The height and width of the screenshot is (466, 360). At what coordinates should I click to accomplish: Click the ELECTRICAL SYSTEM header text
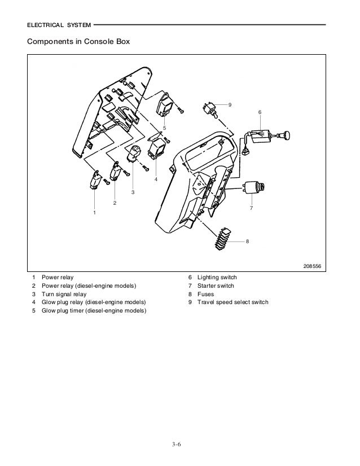[58, 25]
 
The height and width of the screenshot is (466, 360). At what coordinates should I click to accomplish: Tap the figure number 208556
[311, 265]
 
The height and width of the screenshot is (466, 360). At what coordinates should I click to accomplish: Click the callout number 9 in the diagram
[230, 104]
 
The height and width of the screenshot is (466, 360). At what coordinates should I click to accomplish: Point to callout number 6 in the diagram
[260, 112]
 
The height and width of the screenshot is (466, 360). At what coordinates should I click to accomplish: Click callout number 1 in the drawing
[95, 213]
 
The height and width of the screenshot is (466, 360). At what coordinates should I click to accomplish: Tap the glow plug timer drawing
[166, 103]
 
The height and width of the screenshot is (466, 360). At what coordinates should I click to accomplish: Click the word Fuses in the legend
[205, 294]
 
